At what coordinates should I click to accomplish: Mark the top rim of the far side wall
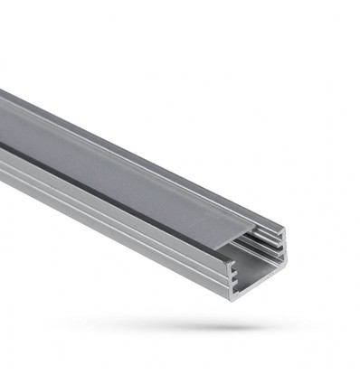coord(181,155)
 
